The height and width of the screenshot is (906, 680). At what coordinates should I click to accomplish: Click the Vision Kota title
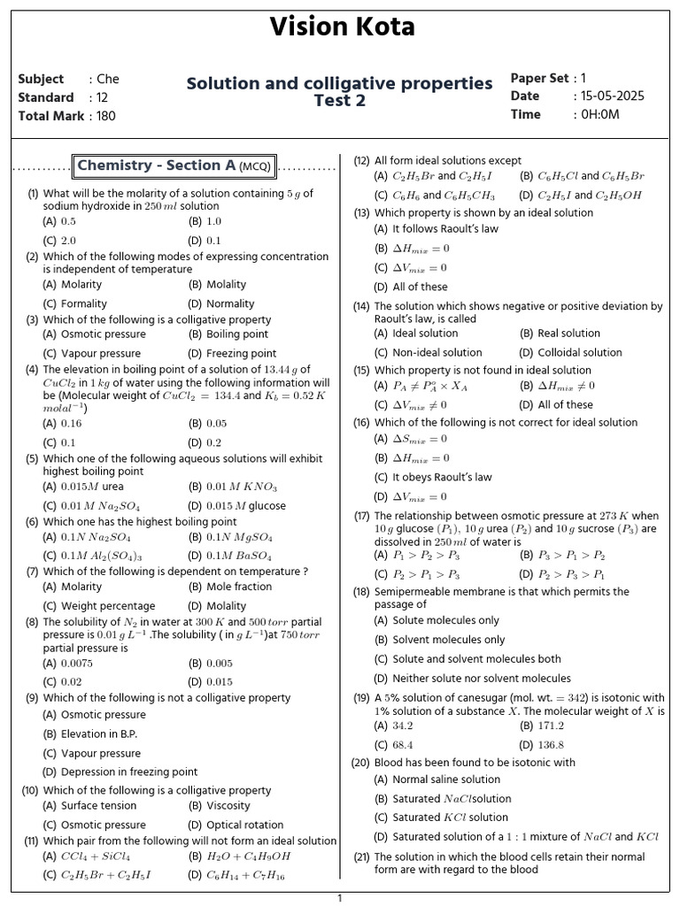(341, 27)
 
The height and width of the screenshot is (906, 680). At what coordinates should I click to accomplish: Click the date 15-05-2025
(613, 96)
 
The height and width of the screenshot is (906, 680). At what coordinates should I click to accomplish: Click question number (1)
(33, 194)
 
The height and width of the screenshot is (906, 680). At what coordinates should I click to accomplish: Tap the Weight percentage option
(107, 606)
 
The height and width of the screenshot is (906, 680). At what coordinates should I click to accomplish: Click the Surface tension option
(98, 806)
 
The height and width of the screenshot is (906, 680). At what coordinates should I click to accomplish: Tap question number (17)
(361, 516)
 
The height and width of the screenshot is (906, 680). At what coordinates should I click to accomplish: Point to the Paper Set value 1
(583, 79)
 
